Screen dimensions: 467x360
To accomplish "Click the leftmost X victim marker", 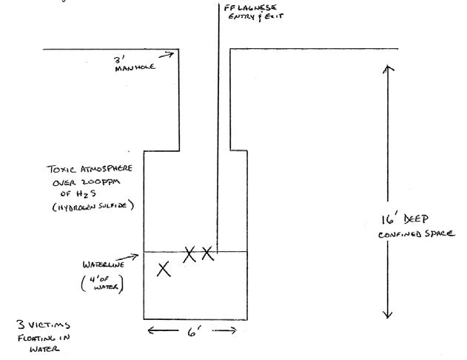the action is point(164,269).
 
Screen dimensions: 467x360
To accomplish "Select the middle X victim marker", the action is point(189,254).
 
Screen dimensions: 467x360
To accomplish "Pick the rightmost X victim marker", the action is point(207,254).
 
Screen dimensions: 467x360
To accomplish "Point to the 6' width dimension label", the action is point(192,332).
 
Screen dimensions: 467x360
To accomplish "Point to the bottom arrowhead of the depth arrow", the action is point(386,314).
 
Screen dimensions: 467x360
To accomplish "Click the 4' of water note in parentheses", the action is point(106,284).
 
